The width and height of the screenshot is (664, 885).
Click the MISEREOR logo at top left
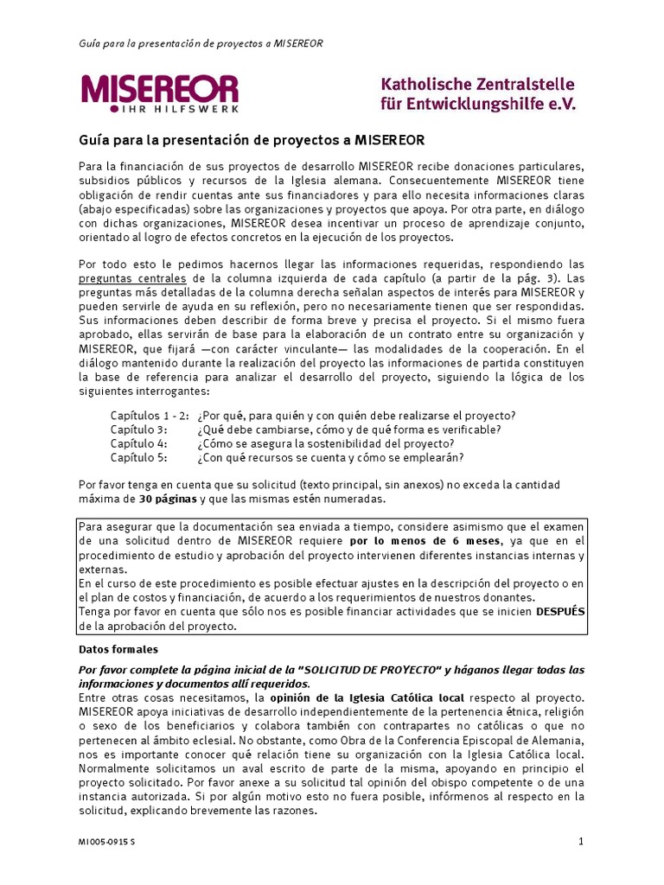coord(159,89)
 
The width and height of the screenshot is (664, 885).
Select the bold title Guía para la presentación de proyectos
coord(252,140)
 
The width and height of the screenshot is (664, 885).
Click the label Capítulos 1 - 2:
coord(150,415)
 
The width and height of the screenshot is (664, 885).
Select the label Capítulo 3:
coord(138,430)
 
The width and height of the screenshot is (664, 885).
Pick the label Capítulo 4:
coord(138,443)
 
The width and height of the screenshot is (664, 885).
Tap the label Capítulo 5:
coord(138,457)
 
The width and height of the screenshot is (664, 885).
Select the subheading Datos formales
coord(118,649)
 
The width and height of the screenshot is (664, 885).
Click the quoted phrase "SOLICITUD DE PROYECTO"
coord(372,670)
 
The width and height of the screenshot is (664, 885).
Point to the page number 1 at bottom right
coord(581,841)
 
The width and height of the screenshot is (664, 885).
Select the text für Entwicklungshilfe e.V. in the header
coord(477,104)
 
